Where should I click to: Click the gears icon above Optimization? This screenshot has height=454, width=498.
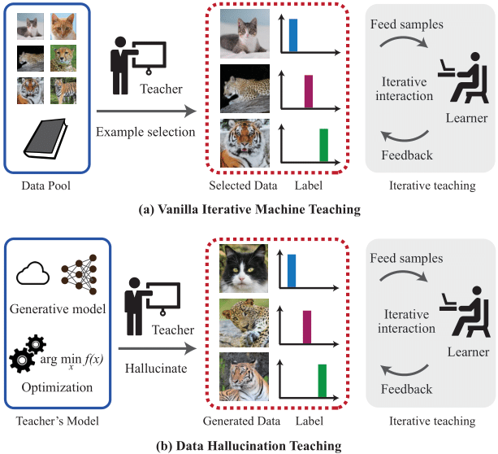27,351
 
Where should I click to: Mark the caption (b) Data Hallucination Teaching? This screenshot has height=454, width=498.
250,445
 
